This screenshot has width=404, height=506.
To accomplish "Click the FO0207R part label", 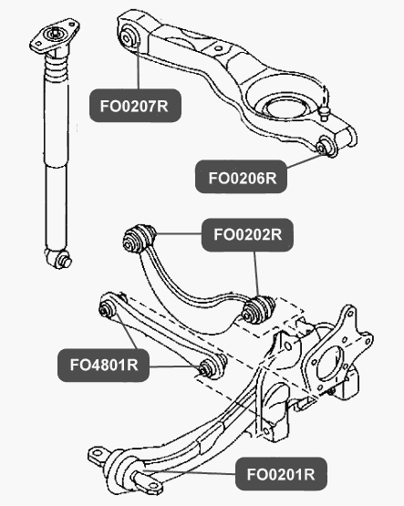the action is [135, 106].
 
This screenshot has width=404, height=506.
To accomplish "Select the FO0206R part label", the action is [241, 177].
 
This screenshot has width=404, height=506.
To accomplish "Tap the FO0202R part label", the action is [247, 235].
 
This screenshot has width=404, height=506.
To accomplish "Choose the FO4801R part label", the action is [104, 366].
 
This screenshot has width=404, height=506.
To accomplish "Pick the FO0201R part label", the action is [281, 474].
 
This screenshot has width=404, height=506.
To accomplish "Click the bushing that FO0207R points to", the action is [129, 36].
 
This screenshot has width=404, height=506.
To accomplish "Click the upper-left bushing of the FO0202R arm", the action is [140, 238].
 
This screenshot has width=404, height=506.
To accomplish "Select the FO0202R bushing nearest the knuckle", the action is [259, 309].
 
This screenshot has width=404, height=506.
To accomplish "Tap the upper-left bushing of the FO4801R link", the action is [107, 309].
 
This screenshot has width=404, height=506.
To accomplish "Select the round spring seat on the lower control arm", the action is [285, 109].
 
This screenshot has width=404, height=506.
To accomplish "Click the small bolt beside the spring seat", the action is [325, 113].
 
